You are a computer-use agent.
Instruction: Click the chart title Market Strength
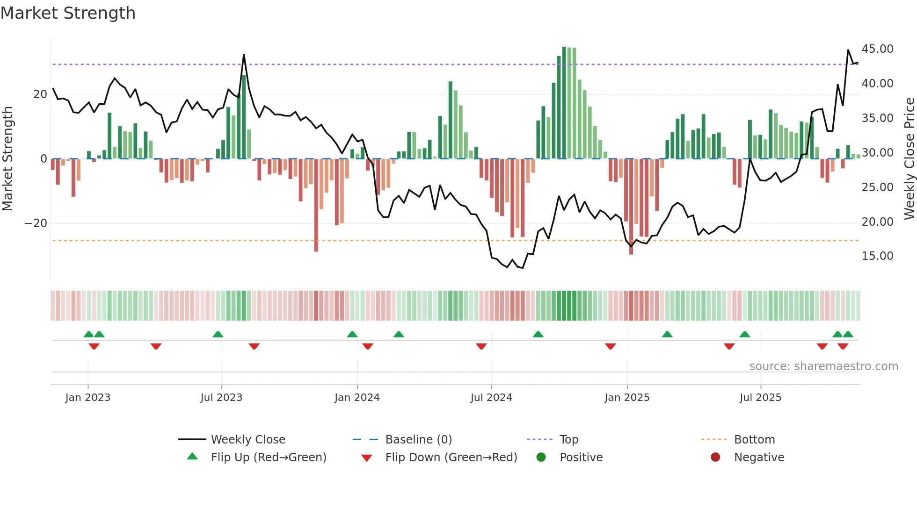pos(68,13)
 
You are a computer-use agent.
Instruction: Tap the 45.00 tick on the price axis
pos(877,49)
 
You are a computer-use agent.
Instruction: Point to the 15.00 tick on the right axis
pos(877,256)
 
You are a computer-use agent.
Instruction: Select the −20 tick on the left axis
pos(36,223)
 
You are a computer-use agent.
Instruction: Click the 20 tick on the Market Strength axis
pos(40,94)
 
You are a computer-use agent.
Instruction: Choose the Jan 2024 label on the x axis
pos(357,398)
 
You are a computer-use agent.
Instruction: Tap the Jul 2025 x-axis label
pos(760,398)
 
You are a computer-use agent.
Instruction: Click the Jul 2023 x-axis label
pos(221,398)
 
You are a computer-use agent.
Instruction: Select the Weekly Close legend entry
pos(247,440)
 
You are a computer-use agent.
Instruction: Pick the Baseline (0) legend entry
pos(418,440)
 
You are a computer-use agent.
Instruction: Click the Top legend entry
pos(568,440)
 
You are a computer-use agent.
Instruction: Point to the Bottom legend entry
pos(754,440)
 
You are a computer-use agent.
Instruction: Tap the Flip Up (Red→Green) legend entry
pos(268,458)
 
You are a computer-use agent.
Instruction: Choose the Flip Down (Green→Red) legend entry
pos(451,458)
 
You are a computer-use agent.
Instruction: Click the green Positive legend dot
pos(541,457)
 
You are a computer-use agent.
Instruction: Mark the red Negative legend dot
pos(715,457)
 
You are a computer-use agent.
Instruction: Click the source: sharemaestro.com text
pos(823,366)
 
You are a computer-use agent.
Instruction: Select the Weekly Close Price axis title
pos(909,159)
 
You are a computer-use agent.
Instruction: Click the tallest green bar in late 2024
pos(564,103)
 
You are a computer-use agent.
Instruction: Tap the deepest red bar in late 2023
pos(316,206)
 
